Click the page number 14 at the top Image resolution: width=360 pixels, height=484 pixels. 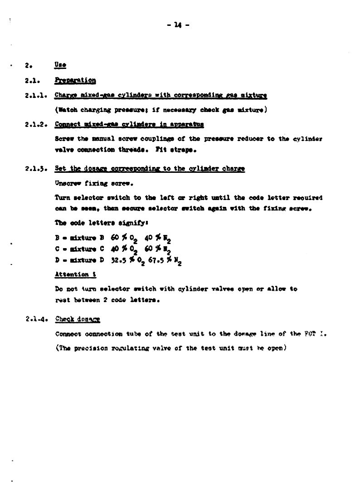click(180, 25)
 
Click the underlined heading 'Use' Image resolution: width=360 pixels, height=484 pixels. click(60, 65)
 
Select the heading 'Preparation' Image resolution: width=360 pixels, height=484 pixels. click(75, 80)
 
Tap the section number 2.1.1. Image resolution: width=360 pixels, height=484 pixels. click(36, 96)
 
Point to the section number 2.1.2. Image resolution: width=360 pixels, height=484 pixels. click(36, 124)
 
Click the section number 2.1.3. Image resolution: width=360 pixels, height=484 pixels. click(36, 169)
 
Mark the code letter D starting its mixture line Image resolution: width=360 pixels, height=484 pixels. click(57, 260)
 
